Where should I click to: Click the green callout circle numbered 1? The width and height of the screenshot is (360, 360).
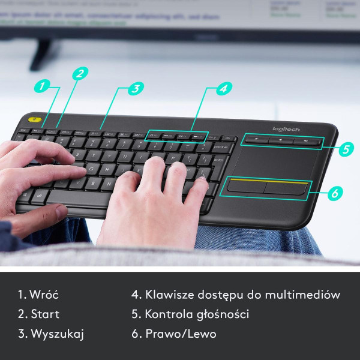41,85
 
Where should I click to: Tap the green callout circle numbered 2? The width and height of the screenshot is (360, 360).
80,73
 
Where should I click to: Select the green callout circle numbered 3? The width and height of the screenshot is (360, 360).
136,88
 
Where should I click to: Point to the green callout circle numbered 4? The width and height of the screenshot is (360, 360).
223,88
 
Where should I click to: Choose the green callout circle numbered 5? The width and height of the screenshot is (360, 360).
346,149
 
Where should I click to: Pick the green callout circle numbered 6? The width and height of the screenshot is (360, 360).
335,193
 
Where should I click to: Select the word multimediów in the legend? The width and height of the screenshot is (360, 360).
304,295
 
